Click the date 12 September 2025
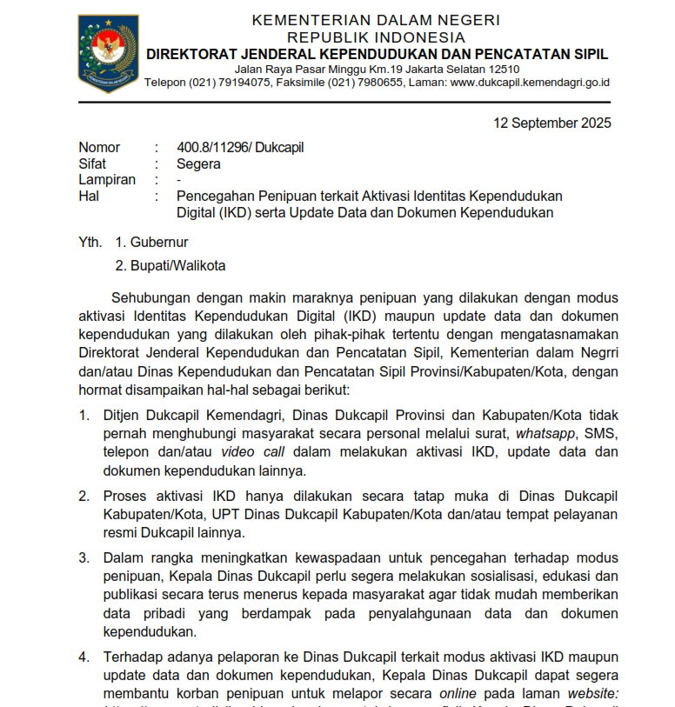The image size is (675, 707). [x=552, y=123]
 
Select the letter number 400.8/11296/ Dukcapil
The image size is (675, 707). [x=240, y=147]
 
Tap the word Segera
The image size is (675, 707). [x=198, y=163]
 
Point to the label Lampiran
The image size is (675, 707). [x=107, y=180]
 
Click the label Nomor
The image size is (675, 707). [x=99, y=147]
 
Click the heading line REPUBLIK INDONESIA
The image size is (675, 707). [x=376, y=37]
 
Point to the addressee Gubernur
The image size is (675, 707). [x=159, y=242]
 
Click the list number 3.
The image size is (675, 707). [x=84, y=557]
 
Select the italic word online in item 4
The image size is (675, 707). [x=458, y=693]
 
